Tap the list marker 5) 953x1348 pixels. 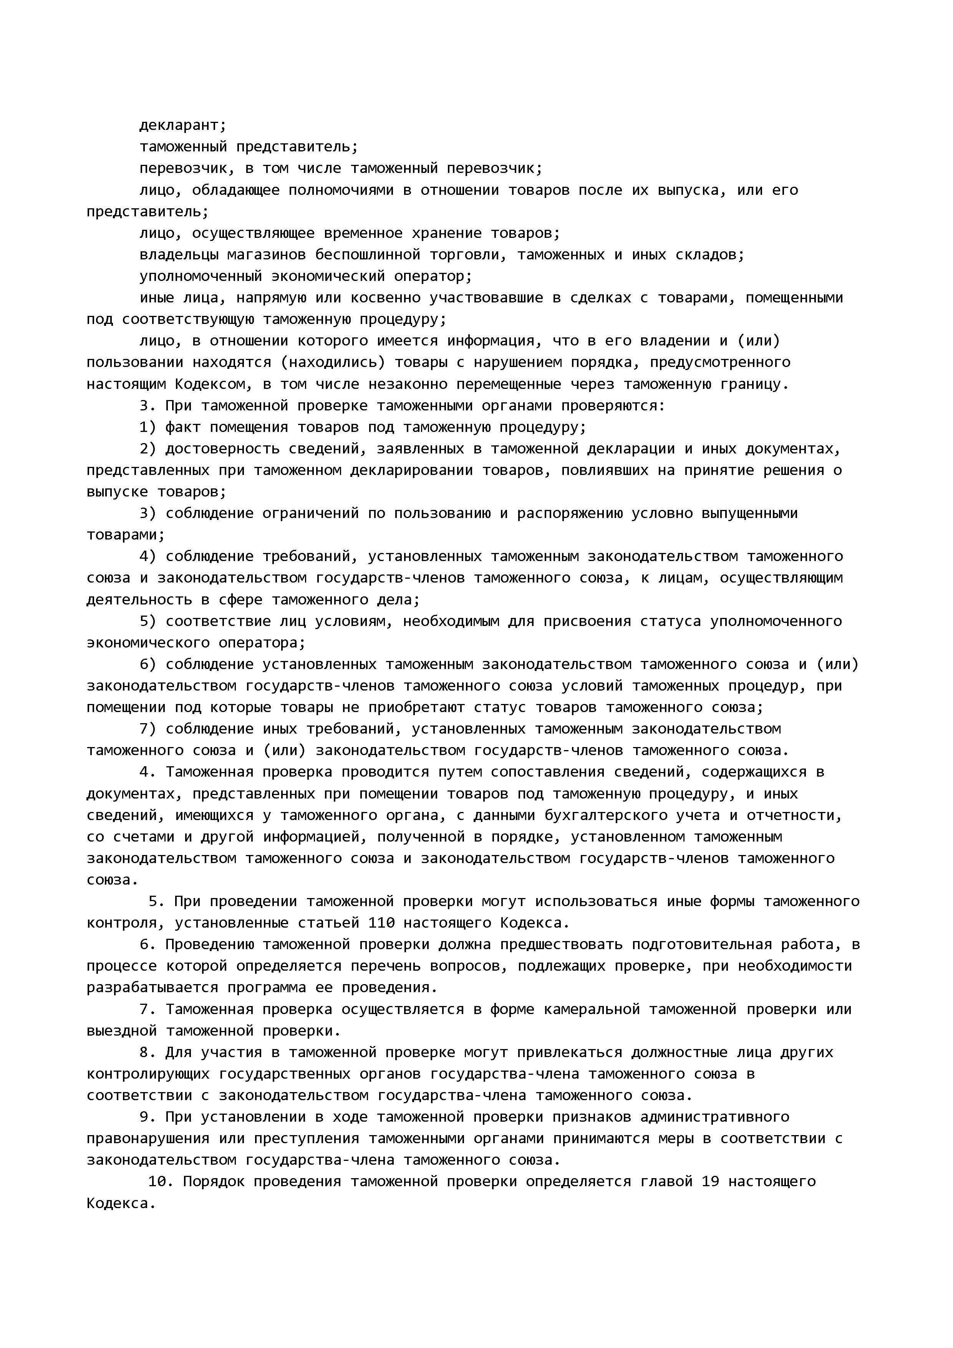(x=148, y=621)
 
